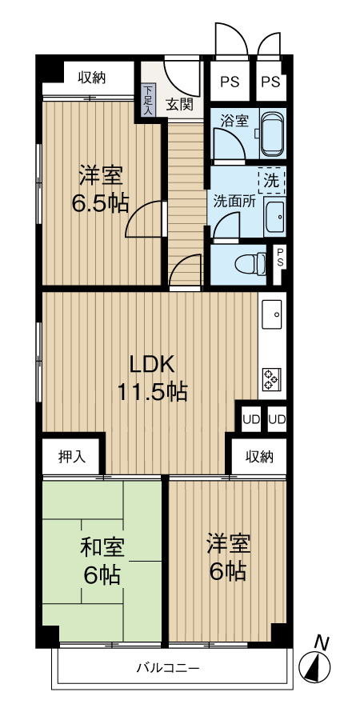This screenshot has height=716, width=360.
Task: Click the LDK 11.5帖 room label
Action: pos(152,378)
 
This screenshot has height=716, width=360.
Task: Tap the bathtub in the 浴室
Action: pos(270,134)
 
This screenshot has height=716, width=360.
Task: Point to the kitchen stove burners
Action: pos(270,378)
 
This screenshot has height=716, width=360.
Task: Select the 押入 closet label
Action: pos(73,457)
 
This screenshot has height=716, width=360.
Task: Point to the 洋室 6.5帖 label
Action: pos(99,189)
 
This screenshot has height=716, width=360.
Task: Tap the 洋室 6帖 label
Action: pos(227,558)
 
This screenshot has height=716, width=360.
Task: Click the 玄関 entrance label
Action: pos(179,103)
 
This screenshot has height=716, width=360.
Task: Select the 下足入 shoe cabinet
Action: pos(148,101)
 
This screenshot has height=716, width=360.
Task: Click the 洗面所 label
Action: pos(234,201)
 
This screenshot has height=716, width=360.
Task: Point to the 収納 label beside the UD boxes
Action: pos(259,457)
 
